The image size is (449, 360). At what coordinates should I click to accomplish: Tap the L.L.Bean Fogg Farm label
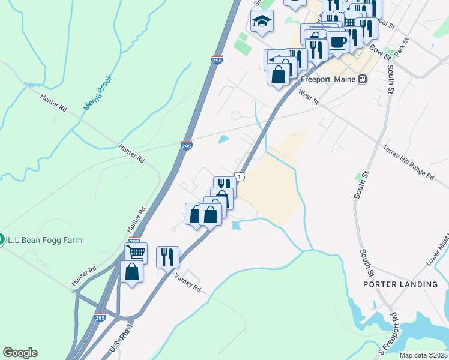[44, 240]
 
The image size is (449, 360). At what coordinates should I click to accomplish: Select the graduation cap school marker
[262, 22]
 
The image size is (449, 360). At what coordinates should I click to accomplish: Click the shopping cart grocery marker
[136, 253]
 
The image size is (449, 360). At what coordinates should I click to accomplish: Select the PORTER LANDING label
[400, 284]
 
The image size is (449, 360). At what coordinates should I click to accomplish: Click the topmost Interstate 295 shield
[218, 60]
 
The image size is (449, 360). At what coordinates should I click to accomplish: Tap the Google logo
[20, 353]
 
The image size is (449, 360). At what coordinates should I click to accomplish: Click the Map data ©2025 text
[423, 355]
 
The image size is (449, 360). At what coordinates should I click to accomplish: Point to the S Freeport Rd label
[385, 336]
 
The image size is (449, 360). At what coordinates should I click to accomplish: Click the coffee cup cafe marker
[337, 42]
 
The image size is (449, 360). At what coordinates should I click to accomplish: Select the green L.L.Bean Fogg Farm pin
[1, 239]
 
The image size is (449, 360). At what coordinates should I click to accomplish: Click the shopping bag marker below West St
[278, 75]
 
